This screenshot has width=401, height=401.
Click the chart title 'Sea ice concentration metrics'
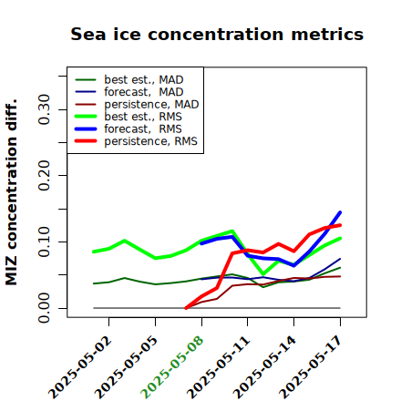[x=217, y=34]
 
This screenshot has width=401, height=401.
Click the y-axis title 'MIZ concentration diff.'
[x=11, y=192]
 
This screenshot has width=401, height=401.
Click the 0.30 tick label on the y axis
[x=45, y=109]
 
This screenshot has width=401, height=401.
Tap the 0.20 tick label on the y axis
[x=45, y=175]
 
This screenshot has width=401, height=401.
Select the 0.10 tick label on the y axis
[x=45, y=242]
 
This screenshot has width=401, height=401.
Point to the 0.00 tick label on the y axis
[x=45, y=308]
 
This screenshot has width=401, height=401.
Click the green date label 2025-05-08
[x=172, y=367]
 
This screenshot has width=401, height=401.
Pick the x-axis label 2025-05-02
[x=79, y=367]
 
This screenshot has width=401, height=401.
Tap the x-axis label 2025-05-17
[x=311, y=367]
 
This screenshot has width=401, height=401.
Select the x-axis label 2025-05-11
[x=218, y=367]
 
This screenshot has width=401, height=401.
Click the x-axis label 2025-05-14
[x=264, y=367]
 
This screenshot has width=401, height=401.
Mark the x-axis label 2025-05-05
[x=126, y=367]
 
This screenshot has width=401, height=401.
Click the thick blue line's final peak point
[x=340, y=212]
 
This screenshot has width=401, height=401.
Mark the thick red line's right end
[x=340, y=225]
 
